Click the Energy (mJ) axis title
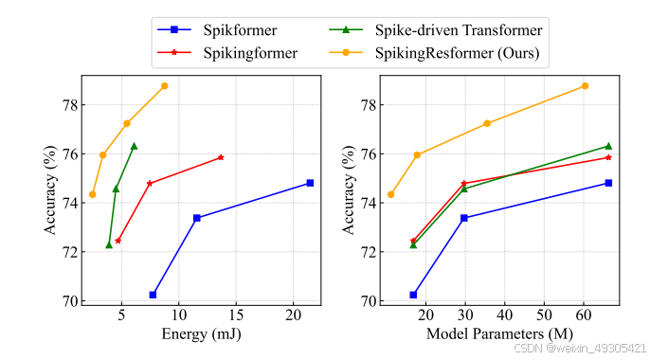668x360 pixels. tap(201, 333)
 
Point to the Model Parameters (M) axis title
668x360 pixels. tap(499, 333)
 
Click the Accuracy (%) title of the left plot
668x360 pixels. tap(51, 189)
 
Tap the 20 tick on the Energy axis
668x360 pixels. tap(293, 315)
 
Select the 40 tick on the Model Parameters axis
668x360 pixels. tap(504, 315)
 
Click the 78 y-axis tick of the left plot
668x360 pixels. tap(71, 104)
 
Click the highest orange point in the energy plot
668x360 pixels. tap(164, 86)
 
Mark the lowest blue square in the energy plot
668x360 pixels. tap(153, 295)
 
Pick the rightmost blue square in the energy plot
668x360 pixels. tap(310, 183)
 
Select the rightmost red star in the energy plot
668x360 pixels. tap(221, 157)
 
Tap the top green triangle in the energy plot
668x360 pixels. tap(134, 146)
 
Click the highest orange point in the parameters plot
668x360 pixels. tap(585, 86)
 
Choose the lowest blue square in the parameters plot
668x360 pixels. tap(413, 295)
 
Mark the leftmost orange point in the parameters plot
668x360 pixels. tap(390, 194)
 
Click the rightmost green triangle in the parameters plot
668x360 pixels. tap(608, 146)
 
